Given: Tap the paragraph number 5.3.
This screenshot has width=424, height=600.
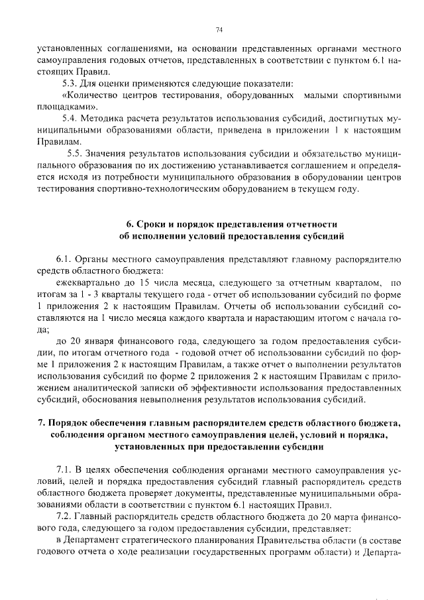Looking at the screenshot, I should click(x=69, y=84).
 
